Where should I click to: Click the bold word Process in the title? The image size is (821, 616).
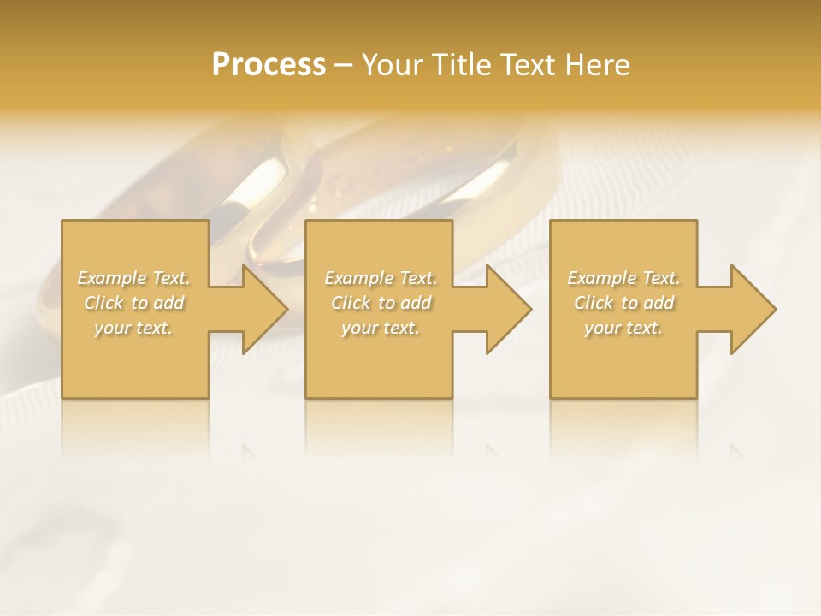(269, 65)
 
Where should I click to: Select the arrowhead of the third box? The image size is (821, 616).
(752, 309)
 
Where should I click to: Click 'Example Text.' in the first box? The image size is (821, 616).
(133, 278)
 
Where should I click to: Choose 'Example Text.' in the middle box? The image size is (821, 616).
(381, 278)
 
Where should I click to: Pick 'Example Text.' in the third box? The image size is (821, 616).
(623, 278)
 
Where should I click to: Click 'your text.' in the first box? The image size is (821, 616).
(133, 328)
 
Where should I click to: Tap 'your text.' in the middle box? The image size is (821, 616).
(381, 328)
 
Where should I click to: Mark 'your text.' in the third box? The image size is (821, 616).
(623, 328)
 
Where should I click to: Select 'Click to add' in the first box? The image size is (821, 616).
(133, 303)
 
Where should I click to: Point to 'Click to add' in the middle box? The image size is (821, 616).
(381, 303)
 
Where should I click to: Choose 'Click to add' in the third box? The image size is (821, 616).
(623, 303)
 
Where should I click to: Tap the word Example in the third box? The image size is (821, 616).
(602, 278)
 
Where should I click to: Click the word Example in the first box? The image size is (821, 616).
(112, 278)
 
